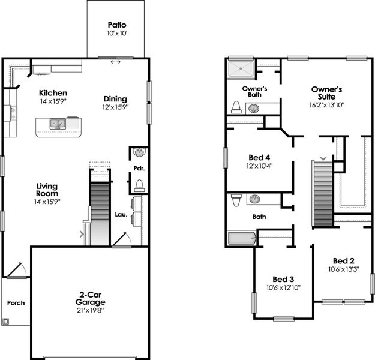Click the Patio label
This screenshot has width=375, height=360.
click(116, 25)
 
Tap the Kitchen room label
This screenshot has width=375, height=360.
click(53, 93)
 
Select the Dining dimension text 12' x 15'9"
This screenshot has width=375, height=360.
click(116, 107)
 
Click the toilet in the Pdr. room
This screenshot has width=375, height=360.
click(139, 184)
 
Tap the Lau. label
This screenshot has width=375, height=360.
click(119, 214)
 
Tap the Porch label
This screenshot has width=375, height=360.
click(16, 303)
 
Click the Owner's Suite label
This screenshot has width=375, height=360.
click(326, 93)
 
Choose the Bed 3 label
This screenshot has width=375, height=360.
click(283, 280)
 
